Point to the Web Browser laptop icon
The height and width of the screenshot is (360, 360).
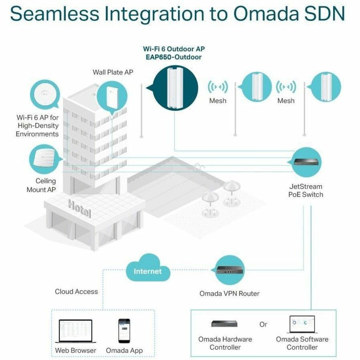tap(75, 331)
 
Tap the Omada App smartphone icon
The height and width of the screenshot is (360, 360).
tap(124, 330)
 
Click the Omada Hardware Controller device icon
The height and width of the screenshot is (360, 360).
tap(224, 324)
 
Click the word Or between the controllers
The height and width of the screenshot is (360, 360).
tap(263, 324)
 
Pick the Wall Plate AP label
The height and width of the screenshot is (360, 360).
tap(113, 72)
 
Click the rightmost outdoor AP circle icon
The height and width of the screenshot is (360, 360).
tap(326, 86)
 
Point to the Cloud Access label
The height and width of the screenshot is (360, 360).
tap(76, 292)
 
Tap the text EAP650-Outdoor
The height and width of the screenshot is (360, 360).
tap(174, 57)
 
